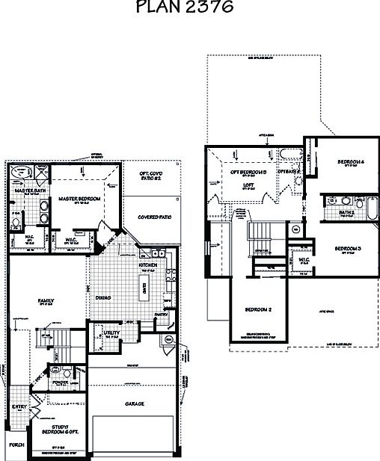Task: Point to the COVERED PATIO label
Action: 155,218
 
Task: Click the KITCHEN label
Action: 147,264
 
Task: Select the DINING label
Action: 103,297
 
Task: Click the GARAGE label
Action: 135,403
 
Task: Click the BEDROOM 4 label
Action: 350,161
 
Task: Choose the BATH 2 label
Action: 346,213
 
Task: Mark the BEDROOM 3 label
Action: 348,247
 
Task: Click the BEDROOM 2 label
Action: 258,309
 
